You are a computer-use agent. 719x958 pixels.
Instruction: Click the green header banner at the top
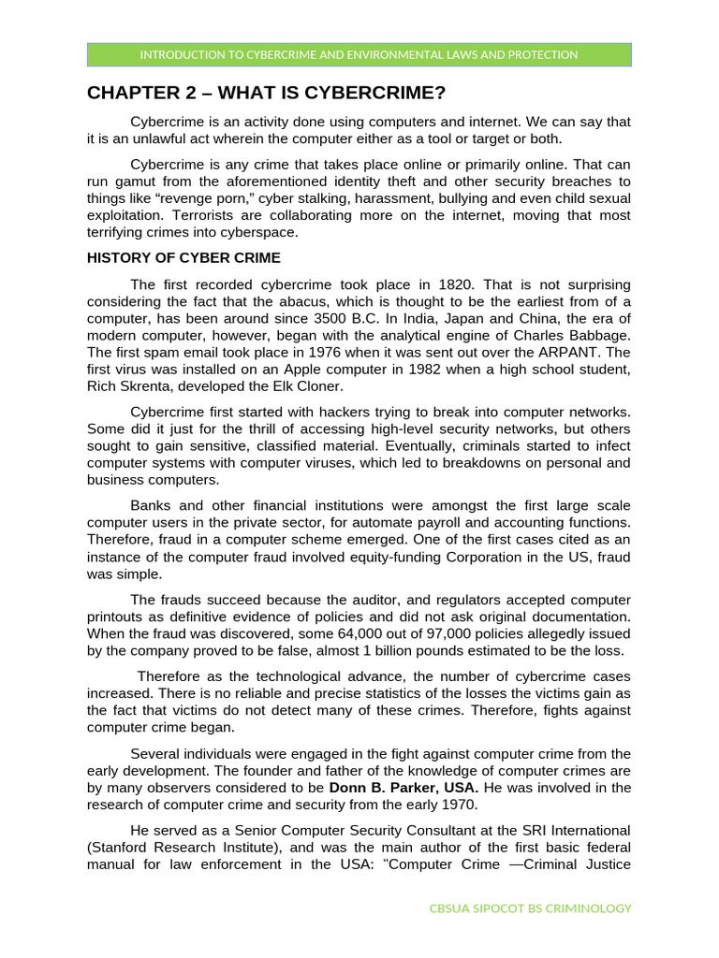pos(359,54)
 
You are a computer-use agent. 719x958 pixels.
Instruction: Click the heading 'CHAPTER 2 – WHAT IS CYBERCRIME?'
pos(266,93)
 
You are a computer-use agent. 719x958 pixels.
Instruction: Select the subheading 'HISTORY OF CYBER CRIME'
pos(183,258)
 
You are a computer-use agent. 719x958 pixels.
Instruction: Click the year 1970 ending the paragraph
pos(460,805)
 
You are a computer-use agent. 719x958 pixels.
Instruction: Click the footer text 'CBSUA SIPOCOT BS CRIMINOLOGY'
pos(530,908)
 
